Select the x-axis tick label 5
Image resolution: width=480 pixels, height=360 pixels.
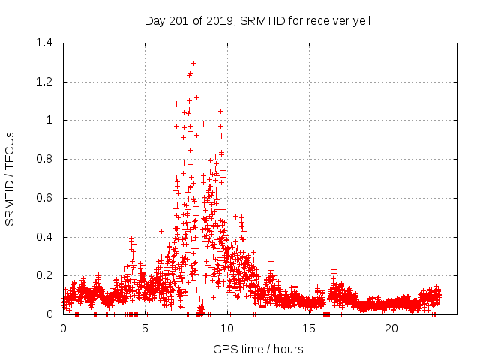145,328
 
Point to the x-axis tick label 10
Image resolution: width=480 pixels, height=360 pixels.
227,328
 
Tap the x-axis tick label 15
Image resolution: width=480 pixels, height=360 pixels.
310,328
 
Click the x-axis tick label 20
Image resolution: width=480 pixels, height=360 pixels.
391,328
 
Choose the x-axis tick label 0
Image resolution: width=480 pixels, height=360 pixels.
63,328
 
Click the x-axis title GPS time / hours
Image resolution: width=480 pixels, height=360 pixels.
258,349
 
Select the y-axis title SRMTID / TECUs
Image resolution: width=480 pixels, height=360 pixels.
10,178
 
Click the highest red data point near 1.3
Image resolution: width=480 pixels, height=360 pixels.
193,63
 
